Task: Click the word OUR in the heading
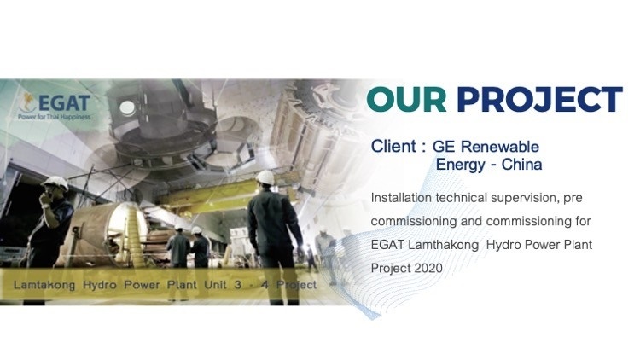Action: click(x=406, y=99)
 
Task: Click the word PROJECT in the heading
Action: click(x=539, y=99)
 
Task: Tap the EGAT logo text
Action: click(x=65, y=103)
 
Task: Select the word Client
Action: click(x=393, y=146)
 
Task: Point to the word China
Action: click(x=521, y=165)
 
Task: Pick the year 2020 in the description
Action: click(x=428, y=268)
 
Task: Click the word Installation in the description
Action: click(x=401, y=198)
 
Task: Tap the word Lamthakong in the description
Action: click(x=443, y=246)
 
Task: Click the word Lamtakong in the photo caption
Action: click(x=44, y=285)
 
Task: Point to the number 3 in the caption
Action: click(x=238, y=285)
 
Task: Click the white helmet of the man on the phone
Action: click(x=56, y=183)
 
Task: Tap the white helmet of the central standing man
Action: click(x=265, y=177)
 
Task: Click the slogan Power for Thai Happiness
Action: click(x=54, y=117)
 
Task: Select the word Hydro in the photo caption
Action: click(x=100, y=285)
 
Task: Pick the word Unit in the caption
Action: click(x=215, y=285)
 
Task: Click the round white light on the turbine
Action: click(x=127, y=107)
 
